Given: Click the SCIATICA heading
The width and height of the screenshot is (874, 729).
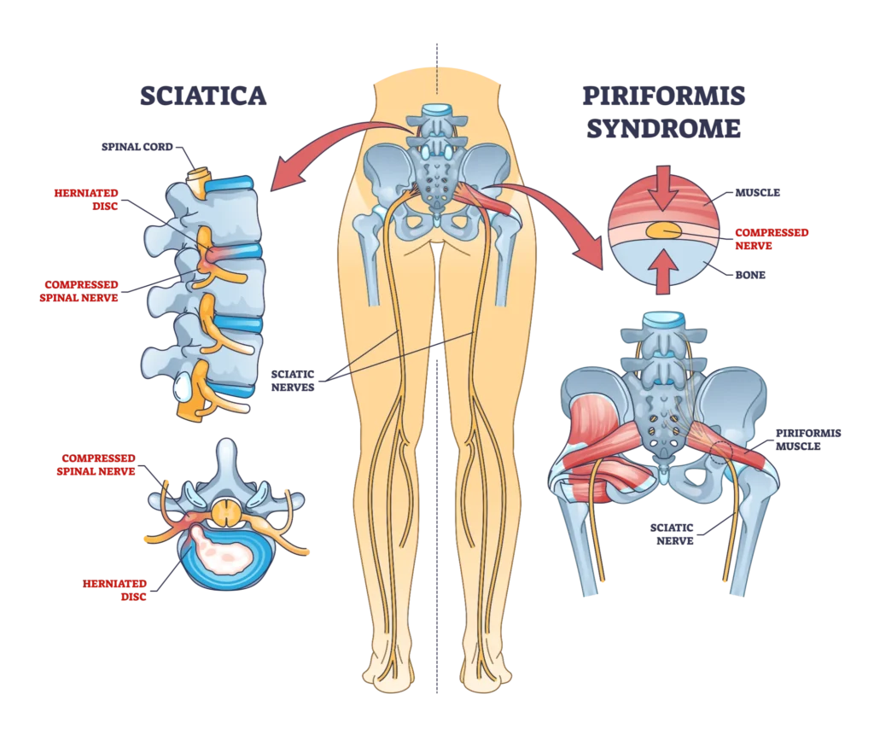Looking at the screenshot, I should point(206,96).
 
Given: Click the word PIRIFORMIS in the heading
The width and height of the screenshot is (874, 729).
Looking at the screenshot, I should point(665,96).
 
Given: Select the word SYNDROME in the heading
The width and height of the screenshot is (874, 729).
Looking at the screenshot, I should point(665,131).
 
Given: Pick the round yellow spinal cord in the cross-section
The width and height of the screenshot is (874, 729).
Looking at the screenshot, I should point(226,513).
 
